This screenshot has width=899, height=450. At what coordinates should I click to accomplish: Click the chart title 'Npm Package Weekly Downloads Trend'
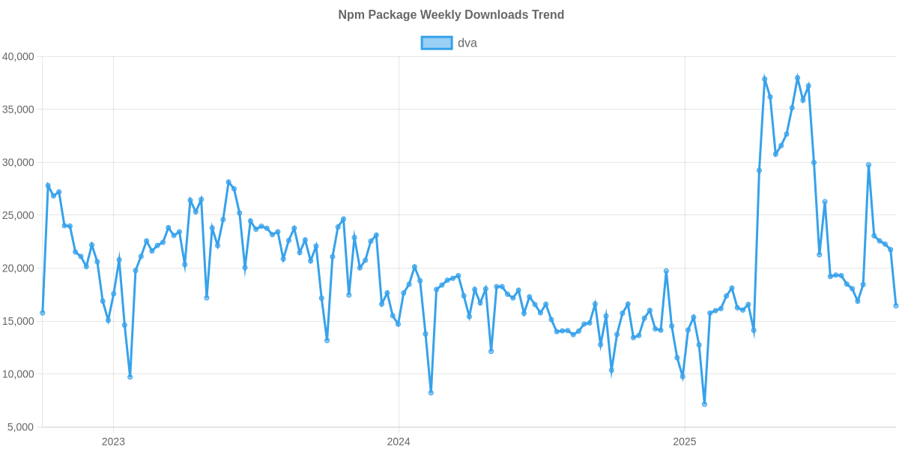449,15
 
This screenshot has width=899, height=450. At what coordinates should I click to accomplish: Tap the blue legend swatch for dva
436,43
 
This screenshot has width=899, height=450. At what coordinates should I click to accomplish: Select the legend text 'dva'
467,43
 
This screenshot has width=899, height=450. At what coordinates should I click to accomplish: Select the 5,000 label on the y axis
21,427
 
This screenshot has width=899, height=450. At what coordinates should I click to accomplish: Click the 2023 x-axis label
112,441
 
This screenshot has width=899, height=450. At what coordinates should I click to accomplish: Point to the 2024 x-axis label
399,441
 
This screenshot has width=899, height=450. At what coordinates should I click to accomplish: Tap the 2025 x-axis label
685,441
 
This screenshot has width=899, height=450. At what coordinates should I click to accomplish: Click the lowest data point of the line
704,404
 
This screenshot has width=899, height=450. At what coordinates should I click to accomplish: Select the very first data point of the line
43,313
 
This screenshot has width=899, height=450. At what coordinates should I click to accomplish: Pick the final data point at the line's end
896,305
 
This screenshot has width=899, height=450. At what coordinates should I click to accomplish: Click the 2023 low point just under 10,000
130,377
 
